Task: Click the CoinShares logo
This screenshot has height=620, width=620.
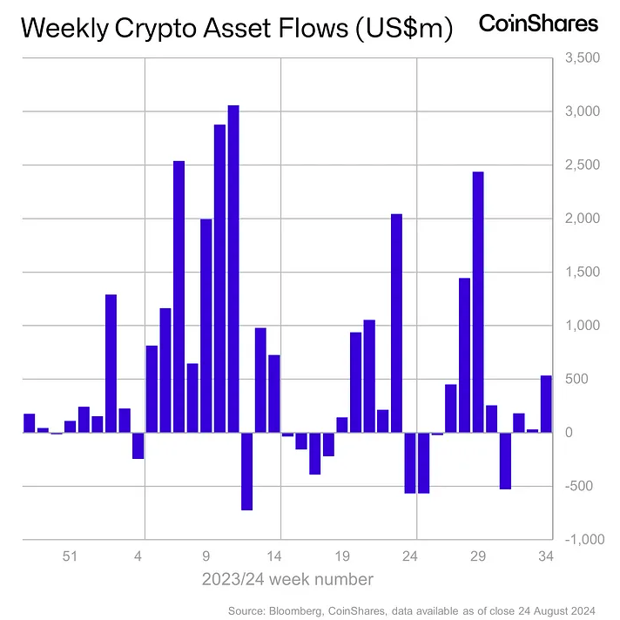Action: (x=539, y=24)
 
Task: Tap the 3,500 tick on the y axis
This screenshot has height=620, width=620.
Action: (x=581, y=58)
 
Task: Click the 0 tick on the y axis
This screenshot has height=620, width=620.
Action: (x=591, y=433)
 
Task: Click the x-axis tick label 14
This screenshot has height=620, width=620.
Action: (x=274, y=556)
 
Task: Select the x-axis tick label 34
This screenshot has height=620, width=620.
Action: (x=546, y=556)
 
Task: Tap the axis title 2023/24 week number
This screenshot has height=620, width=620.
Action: (x=287, y=579)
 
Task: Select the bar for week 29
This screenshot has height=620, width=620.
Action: (x=478, y=301)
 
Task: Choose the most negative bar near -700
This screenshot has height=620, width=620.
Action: (x=246, y=471)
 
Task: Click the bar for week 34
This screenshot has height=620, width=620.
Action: (x=546, y=404)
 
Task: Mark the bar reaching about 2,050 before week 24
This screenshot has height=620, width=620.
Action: (x=396, y=323)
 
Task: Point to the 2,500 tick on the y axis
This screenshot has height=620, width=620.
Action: (x=581, y=165)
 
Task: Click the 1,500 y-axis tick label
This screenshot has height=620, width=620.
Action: (x=581, y=273)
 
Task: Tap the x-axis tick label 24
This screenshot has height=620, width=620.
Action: (x=410, y=556)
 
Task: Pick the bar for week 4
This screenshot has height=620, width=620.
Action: (x=138, y=445)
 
